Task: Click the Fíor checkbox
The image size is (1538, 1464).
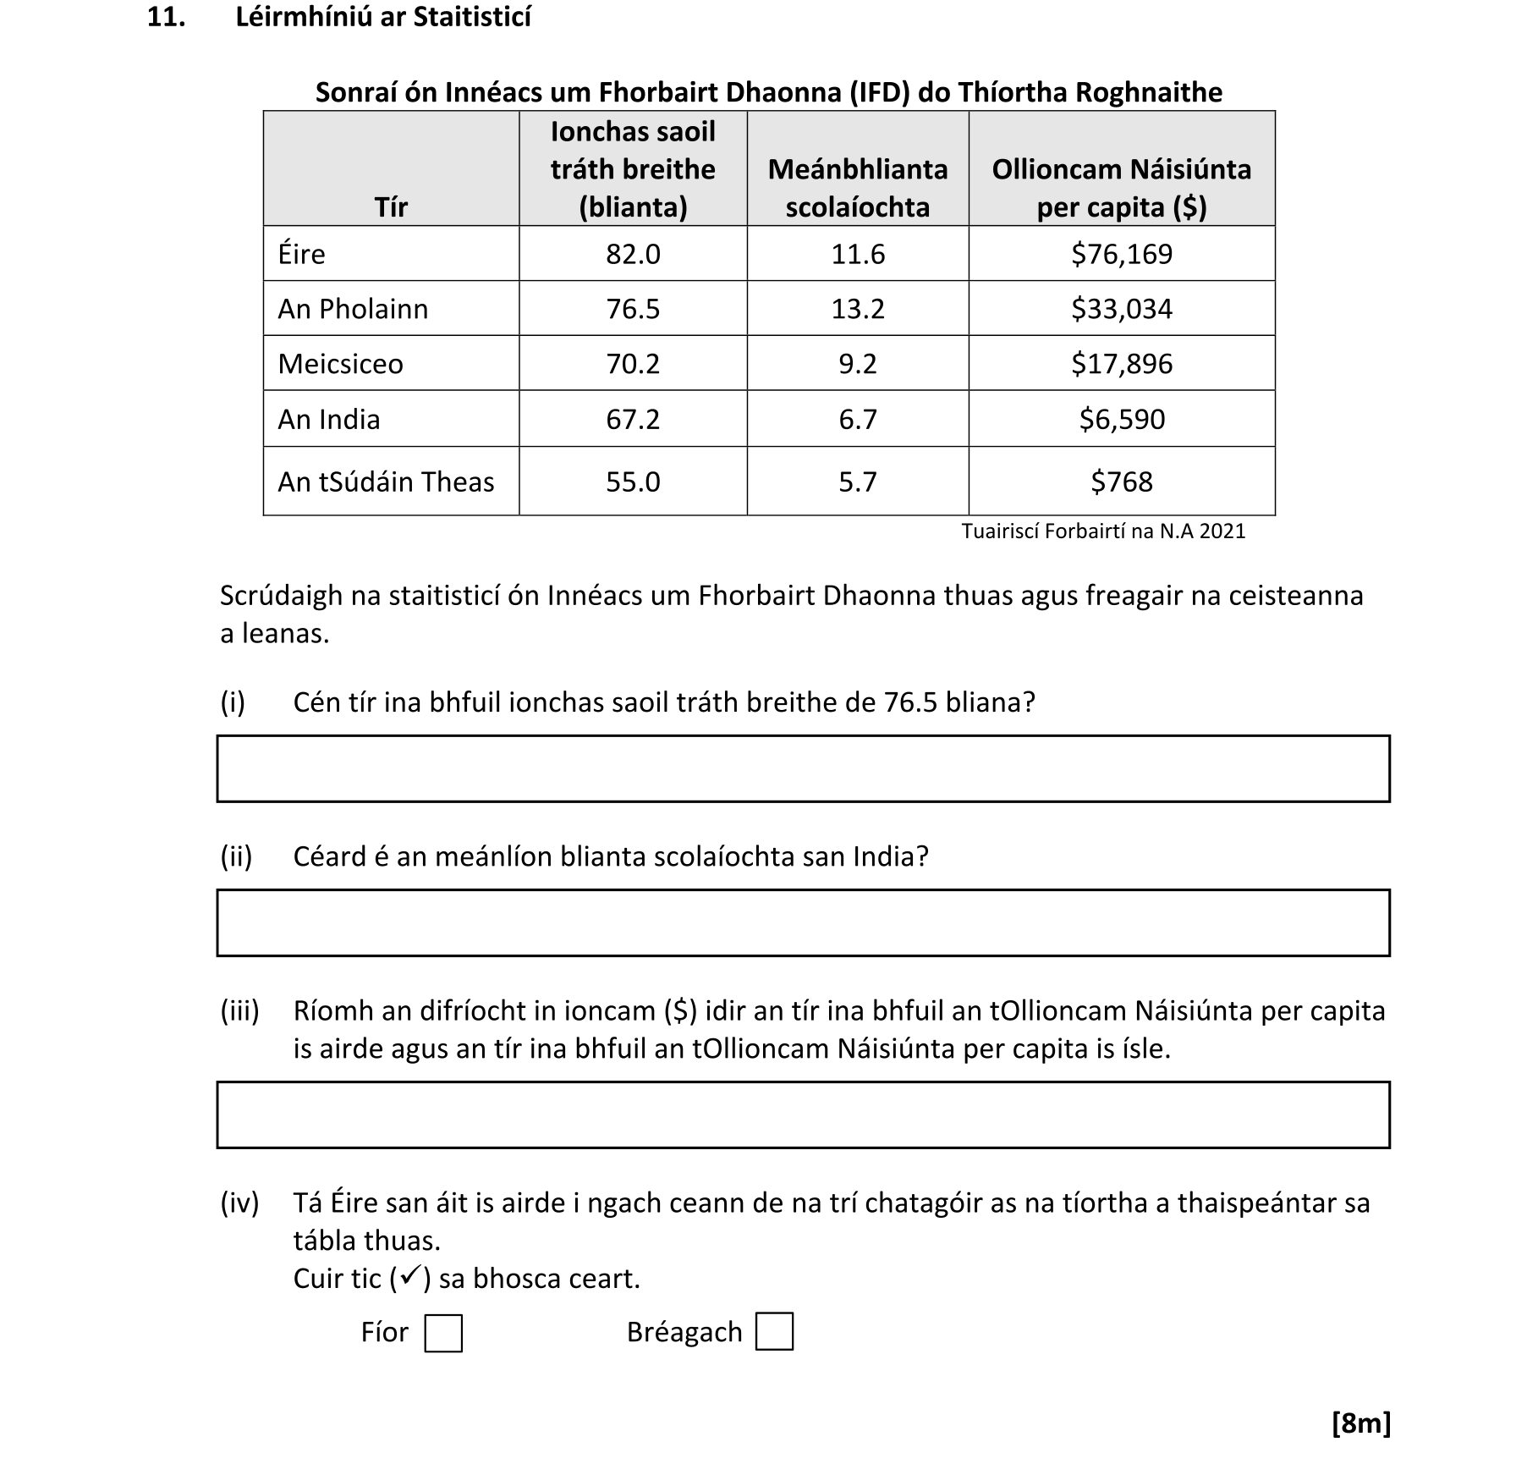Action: coord(442,1333)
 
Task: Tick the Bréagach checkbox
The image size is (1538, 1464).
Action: coord(773,1331)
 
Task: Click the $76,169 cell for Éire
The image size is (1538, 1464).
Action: coord(1121,254)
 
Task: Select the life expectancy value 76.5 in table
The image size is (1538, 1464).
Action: coord(632,309)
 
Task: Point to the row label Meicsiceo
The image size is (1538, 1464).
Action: coord(340,364)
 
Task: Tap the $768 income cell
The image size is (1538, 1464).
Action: coord(1121,482)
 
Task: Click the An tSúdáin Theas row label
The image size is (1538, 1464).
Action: coord(386,482)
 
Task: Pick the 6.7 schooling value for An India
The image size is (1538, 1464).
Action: coord(857,419)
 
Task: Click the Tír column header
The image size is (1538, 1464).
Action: coord(391,206)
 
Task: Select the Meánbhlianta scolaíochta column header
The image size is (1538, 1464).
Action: coord(857,188)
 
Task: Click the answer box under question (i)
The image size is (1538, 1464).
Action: coord(803,768)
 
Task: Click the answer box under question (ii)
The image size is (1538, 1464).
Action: coord(803,922)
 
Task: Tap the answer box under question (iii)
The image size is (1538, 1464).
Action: coord(803,1115)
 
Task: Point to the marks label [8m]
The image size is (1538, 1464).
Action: coord(1360,1423)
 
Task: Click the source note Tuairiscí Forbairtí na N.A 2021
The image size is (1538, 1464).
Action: coord(1102,531)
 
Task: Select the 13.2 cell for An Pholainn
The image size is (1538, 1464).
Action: coord(857,309)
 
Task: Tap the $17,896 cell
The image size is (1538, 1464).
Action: coord(1121,364)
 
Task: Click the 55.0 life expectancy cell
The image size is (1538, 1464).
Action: coord(632,482)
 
